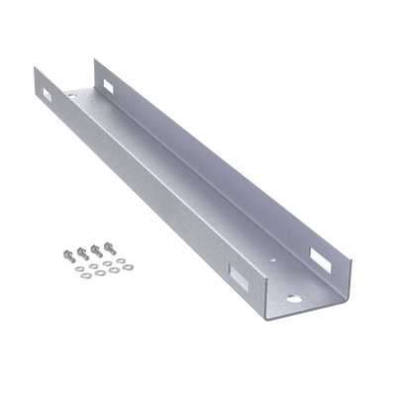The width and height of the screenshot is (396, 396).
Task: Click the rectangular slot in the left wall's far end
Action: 49,94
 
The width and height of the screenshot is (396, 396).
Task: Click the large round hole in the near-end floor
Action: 296,298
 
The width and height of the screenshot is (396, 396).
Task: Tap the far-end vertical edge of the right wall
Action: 96,74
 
